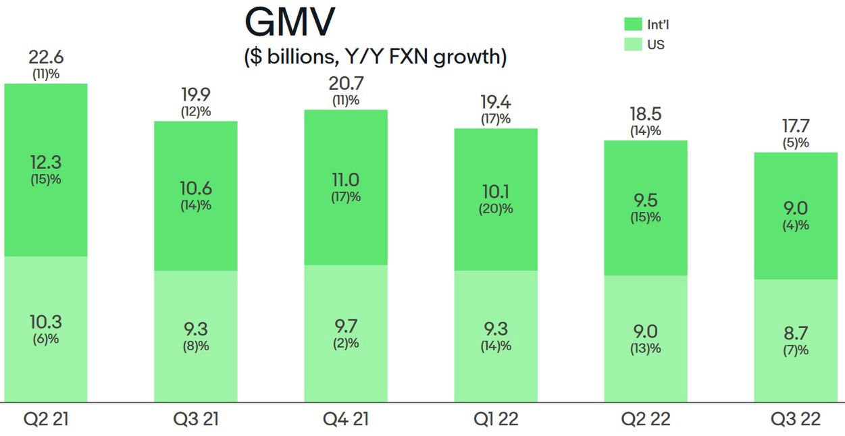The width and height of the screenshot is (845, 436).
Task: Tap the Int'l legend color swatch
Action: coord(633,25)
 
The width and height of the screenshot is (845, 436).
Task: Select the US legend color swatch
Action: coord(633,45)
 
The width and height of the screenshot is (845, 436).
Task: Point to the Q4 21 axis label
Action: coord(345,419)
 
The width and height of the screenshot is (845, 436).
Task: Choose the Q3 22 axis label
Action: coord(796,419)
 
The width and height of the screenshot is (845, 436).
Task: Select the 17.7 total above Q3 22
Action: coord(795,126)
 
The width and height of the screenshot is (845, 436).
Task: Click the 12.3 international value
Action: coord(46,162)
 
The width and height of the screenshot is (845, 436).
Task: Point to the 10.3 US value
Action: coord(46,322)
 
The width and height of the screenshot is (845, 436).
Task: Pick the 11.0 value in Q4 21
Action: coord(345,180)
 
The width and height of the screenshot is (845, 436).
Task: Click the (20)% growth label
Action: coord(495,209)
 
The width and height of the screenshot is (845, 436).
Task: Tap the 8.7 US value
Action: coord(795,333)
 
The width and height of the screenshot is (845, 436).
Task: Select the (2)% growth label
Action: coord(345,344)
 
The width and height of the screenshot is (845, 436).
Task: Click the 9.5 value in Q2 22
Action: coord(645,200)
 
